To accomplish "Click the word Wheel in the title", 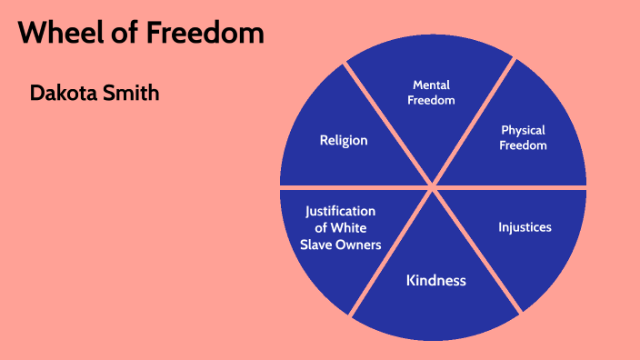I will coord(58,34).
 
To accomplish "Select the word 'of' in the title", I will coord(117,34).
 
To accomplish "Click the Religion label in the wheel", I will coord(344,140).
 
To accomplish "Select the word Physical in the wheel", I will coord(524,130).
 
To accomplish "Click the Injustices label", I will coord(525,226).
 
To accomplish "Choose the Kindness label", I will coord(435,280).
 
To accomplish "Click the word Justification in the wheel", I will coord(340,211).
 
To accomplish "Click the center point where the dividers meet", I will coord(434,186).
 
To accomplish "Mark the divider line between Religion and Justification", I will coord(345,186).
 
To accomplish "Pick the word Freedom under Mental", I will coord(432,100).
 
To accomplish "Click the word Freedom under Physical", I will coord(524,145).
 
